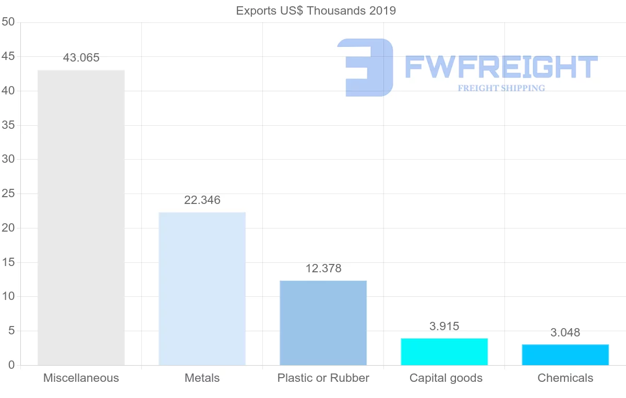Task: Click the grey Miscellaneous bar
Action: [81, 218]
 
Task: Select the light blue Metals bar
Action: [202, 288]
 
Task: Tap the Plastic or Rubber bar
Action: [323, 323]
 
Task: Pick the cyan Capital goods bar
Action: [444, 352]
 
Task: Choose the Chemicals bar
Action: [565, 355]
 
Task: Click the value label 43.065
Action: [81, 58]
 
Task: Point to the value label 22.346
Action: [202, 200]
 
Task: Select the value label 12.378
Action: [323, 269]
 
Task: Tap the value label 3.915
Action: [444, 327]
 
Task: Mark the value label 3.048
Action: [565, 333]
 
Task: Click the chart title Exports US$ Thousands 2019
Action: [316, 10]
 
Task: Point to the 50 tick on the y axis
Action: [8, 22]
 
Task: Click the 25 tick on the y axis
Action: [8, 194]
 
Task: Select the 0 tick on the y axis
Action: [11, 365]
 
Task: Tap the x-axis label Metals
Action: [202, 378]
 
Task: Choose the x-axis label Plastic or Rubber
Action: [323, 378]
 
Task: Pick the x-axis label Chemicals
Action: [565, 378]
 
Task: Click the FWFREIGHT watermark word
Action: [501, 67]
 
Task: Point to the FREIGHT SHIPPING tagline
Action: [501, 88]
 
